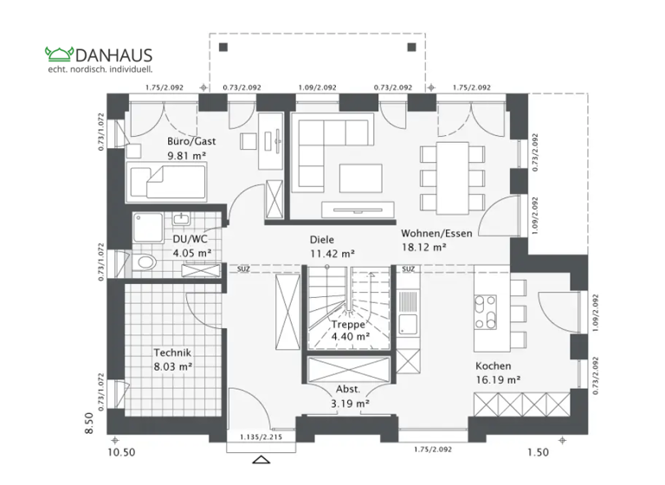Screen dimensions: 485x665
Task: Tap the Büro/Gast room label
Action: pyautogui.click(x=191, y=140)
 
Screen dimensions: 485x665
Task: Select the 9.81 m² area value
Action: pyautogui.click(x=186, y=156)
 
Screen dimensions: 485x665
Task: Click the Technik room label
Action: pyautogui.click(x=172, y=352)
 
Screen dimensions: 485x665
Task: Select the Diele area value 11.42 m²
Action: pyautogui.click(x=332, y=254)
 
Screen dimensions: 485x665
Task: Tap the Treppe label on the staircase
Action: pyautogui.click(x=349, y=324)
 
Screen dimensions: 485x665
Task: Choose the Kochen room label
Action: pyautogui.click(x=493, y=365)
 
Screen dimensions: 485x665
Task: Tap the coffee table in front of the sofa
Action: pyautogui.click(x=359, y=177)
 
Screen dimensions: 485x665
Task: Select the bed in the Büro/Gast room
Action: pyautogui.click(x=167, y=183)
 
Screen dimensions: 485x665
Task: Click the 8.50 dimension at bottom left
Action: pyautogui.click(x=87, y=424)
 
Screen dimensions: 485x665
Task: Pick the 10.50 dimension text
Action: pyautogui.click(x=122, y=452)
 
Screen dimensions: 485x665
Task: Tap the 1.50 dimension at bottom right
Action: pyautogui.click(x=538, y=452)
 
